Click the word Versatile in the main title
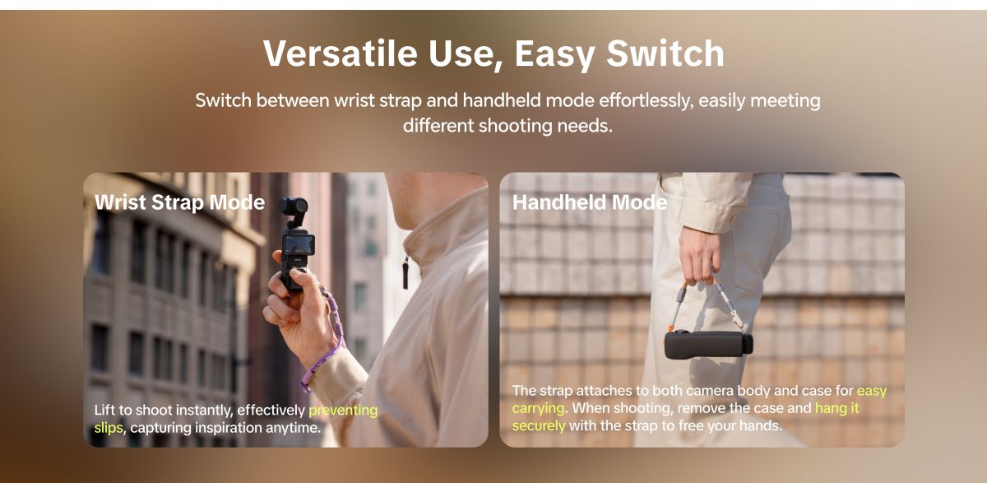(341, 53)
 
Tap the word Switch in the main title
(665, 53)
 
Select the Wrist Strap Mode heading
(180, 202)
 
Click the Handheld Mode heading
(590, 202)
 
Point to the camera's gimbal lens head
(294, 207)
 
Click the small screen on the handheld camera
(299, 244)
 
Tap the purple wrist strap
(328, 339)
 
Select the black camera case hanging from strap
(708, 345)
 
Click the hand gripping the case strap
(700, 256)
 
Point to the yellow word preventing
(343, 411)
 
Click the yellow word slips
(109, 428)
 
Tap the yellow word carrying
(538, 408)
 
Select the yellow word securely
(539, 425)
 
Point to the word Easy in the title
(554, 54)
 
